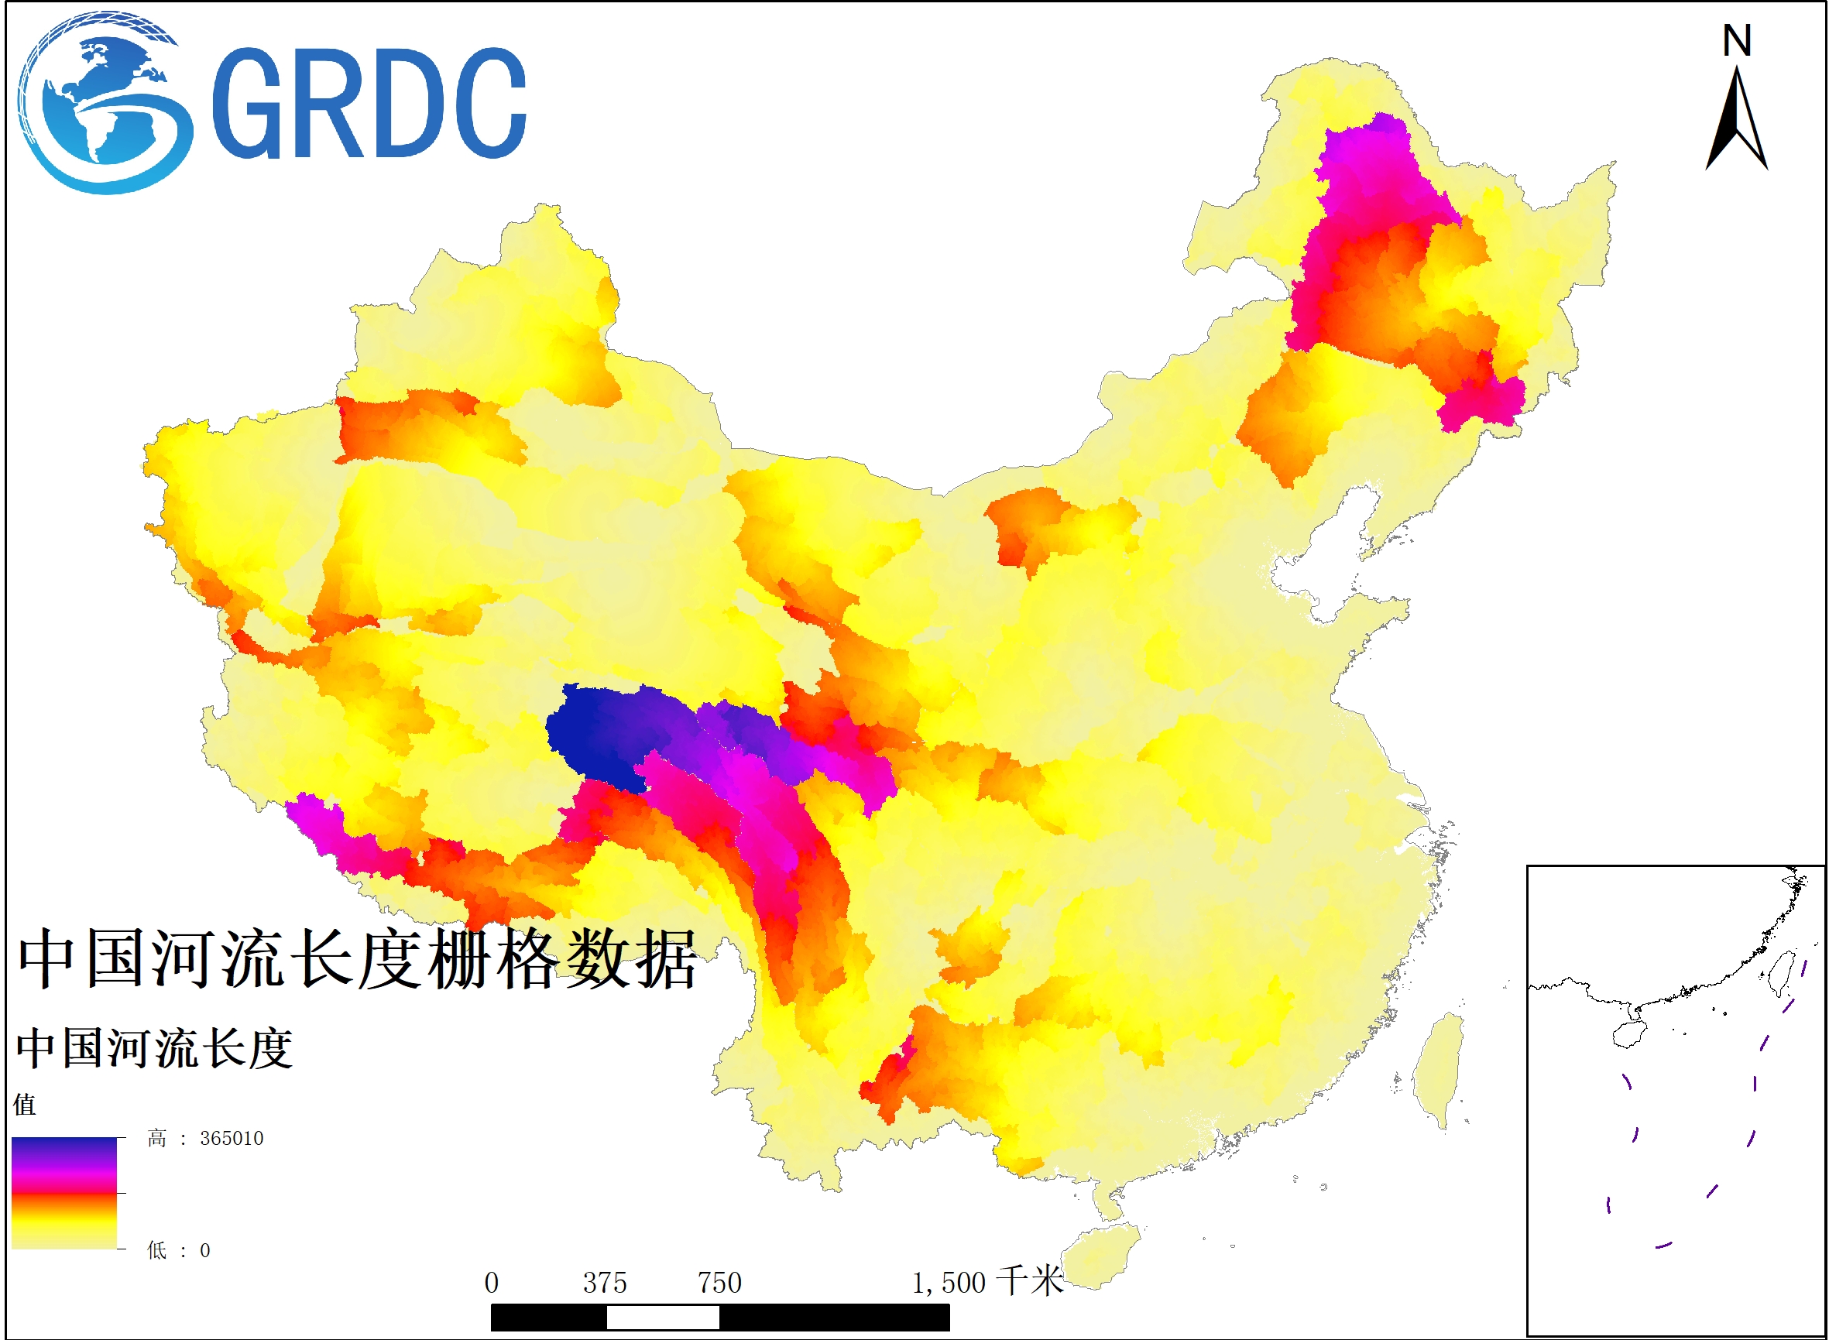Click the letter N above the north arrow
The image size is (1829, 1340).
tap(1737, 40)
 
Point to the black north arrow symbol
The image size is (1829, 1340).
tap(1737, 122)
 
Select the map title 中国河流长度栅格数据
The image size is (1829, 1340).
tap(357, 960)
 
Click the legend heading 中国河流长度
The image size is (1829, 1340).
tap(154, 1049)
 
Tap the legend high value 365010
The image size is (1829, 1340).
tap(232, 1139)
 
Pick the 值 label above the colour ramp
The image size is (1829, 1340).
tap(24, 1104)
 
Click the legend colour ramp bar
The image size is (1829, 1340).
tap(64, 1193)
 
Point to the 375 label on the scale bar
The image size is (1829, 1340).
tap(605, 1283)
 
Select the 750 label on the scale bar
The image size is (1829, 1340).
tap(720, 1283)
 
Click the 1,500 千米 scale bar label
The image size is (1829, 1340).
tap(986, 1283)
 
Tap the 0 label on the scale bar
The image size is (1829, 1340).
tap(491, 1283)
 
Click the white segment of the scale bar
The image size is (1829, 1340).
tap(662, 1318)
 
